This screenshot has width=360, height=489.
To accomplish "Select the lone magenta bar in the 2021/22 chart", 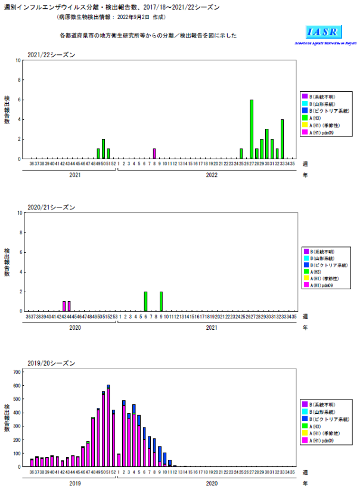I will click(154, 154).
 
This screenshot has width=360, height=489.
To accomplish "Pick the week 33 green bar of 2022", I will click(282, 140).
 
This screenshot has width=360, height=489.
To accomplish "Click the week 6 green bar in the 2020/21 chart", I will click(145, 301).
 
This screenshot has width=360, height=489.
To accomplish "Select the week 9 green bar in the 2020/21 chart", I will click(161, 301).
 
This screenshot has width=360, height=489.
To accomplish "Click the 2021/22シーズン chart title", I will click(51, 55).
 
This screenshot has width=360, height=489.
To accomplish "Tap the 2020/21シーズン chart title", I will click(51, 208).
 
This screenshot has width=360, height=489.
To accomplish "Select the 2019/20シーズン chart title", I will click(51, 363).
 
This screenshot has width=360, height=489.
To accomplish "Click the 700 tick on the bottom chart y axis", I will click(17, 372).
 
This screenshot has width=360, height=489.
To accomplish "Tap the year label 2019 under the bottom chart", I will click(75, 484).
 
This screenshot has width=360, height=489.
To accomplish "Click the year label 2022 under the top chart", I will click(212, 175).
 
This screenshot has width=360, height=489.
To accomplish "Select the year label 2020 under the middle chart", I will click(75, 327).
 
